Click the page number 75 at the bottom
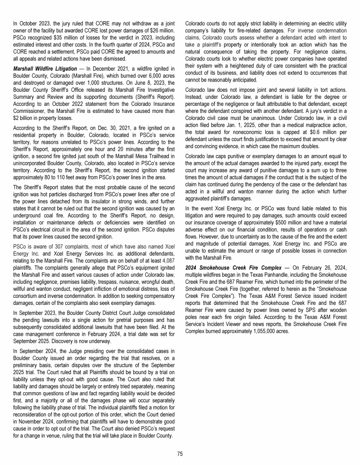tap(180, 453)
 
